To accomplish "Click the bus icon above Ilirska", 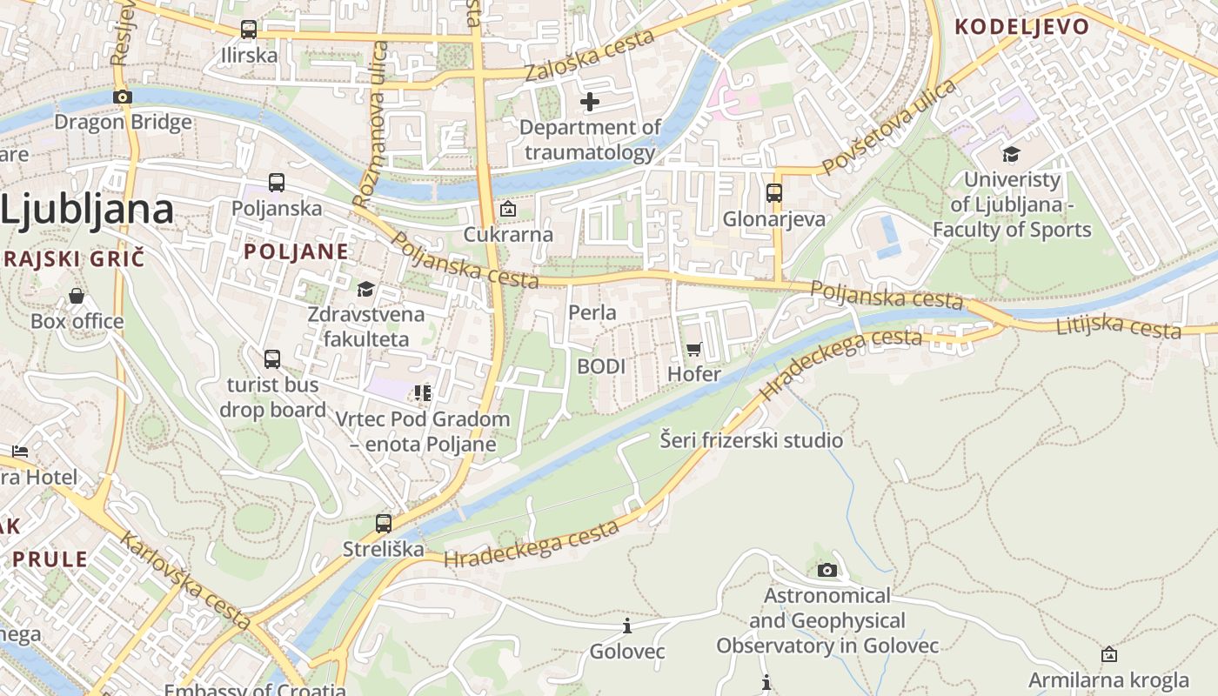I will point(248,30).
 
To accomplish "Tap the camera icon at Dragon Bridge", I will point(123,97).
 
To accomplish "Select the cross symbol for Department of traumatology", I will point(590,102).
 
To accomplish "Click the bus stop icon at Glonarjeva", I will point(774,193).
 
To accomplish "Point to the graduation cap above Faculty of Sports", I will point(1011,155).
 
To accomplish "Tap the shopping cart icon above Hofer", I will point(693,349).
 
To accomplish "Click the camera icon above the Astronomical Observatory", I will point(827,570).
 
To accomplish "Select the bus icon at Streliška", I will point(384,524).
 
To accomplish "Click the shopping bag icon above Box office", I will point(77,296).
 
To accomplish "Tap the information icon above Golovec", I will point(626,626).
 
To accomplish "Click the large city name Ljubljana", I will point(87,210).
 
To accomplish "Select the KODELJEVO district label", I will point(1022,26).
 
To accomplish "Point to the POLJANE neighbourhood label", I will point(296,252).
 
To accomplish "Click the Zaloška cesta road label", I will point(590,56).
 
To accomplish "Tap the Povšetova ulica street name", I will point(888,126).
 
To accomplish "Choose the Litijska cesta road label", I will point(1118,327).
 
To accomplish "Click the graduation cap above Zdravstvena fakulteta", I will point(366,289).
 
